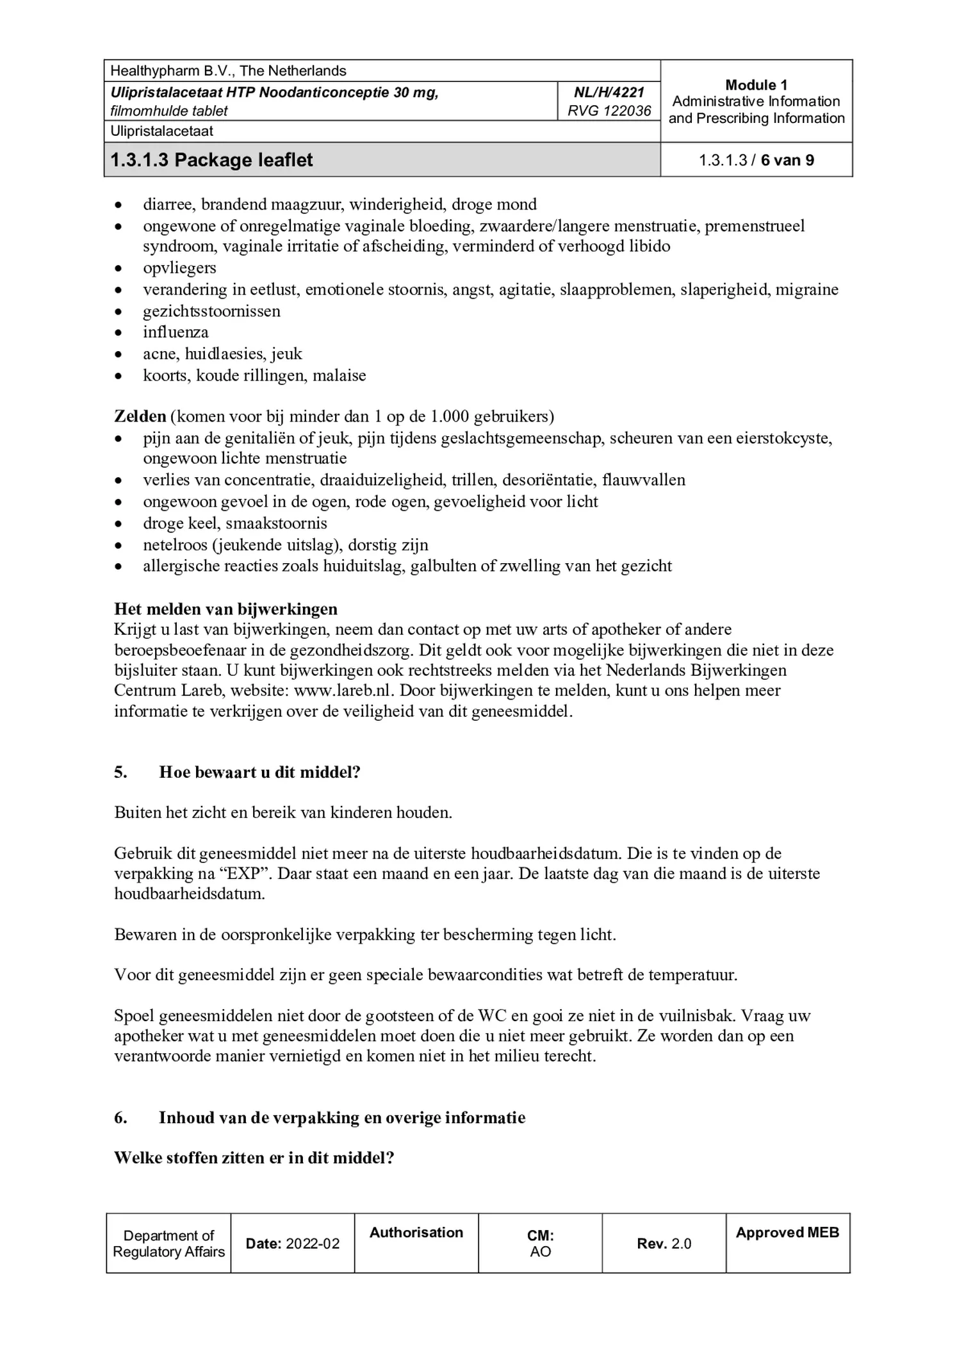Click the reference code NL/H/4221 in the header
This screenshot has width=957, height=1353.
tap(609, 92)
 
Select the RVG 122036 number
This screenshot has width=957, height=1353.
tap(609, 111)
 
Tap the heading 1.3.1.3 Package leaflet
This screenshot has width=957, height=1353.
tap(211, 160)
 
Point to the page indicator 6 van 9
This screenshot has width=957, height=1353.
tap(787, 160)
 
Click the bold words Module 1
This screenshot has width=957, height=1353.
tap(756, 85)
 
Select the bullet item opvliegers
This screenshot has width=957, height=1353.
tap(179, 268)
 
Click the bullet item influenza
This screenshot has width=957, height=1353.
tap(176, 332)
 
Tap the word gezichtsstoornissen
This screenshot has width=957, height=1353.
tap(211, 311)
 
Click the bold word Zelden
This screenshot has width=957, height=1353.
tap(140, 416)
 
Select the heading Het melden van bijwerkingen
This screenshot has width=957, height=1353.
tap(225, 609)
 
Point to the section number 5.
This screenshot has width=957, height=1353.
tap(120, 772)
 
